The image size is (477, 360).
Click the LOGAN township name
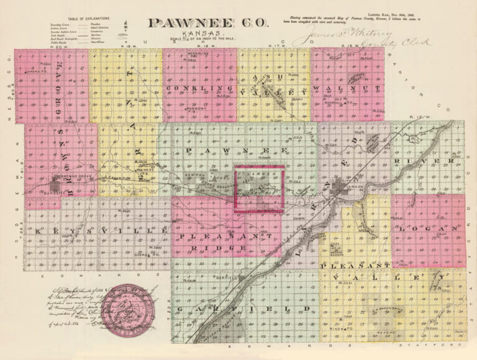pos(428,229)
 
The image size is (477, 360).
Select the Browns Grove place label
pos(67,177)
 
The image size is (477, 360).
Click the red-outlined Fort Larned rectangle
pos(258,189)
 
